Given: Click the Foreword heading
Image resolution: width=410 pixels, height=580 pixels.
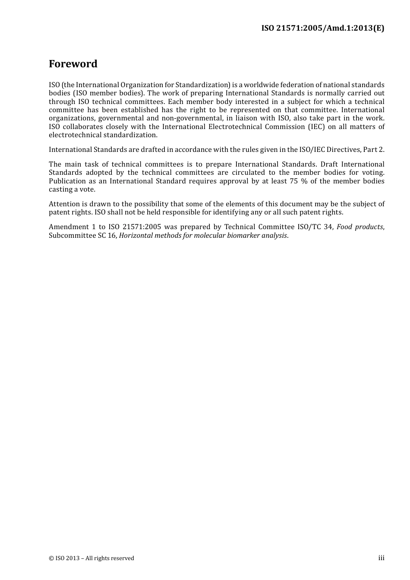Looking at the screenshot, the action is (73, 64).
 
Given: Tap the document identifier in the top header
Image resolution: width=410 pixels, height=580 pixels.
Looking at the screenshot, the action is (322, 28).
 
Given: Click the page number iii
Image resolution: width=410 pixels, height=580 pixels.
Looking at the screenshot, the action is (381, 558).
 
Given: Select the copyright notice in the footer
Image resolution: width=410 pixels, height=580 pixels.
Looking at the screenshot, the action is (91, 558).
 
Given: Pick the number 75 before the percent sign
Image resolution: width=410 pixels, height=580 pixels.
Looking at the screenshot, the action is (294, 181).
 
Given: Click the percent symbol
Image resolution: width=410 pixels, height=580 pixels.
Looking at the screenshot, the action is (304, 181).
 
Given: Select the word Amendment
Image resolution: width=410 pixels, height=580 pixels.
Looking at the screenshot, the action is (69, 227).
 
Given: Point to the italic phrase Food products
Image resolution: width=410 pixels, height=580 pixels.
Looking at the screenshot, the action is (360, 227).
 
